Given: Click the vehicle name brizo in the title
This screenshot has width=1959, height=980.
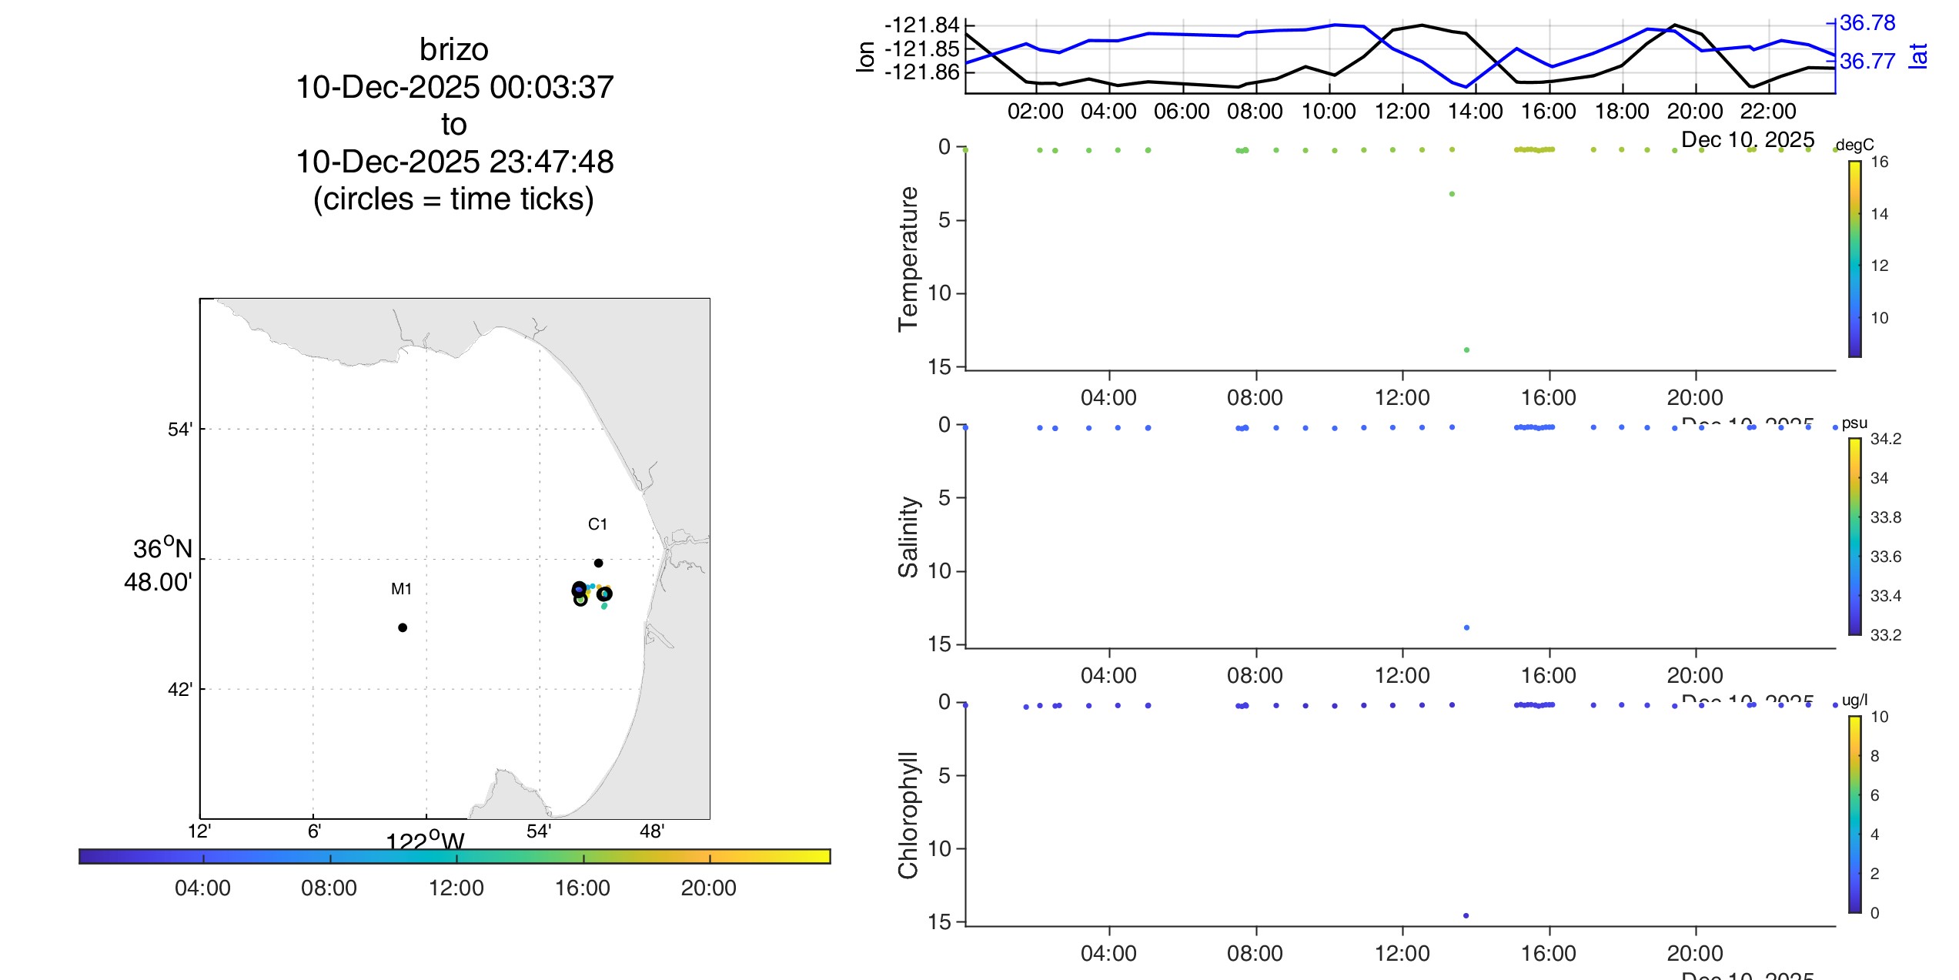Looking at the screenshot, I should pos(453,50).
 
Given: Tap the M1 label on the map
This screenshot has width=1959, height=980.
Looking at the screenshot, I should pos(401,589).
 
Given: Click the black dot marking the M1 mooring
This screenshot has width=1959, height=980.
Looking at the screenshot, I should pos(403,627).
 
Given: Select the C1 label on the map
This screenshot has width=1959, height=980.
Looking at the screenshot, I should pos(597,524).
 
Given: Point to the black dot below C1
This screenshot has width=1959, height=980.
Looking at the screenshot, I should pos(598,563).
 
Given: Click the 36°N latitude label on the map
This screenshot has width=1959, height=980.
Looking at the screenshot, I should pos(162,549).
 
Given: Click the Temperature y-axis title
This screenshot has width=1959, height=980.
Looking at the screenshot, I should pos(908,259).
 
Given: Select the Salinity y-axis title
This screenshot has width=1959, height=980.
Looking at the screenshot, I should pos(908,537).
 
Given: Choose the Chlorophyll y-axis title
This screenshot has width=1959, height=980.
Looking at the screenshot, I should pos(908,814).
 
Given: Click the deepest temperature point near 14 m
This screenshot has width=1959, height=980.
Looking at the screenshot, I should pos(1466,350).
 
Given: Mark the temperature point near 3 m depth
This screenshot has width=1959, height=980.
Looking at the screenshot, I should pos(1452,194).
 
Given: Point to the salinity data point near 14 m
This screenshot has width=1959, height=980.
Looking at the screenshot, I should pos(1466,627).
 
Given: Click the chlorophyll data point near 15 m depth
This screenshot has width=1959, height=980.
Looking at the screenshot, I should pos(1466,915).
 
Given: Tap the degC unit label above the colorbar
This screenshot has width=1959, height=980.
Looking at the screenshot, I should pos(1854,145).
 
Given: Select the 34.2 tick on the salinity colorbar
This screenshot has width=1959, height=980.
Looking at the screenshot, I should pos(1885,439).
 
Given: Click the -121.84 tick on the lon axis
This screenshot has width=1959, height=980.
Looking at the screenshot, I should pos(921,25).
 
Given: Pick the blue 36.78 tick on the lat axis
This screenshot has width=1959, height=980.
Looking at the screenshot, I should pos(1867,23).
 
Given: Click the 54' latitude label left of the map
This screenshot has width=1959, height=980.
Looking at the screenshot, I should pos(179,429).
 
